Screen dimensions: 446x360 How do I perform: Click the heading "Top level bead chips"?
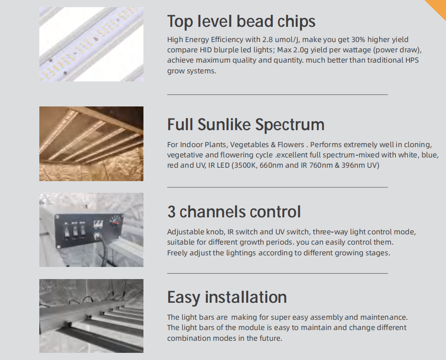pos(241,21)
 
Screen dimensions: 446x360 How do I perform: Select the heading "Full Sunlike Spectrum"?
pos(246,125)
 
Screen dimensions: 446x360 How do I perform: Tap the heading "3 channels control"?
pos(234,212)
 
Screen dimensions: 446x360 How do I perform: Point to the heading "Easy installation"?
pos(227,297)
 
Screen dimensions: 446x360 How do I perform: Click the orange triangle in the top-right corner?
pos(438,6)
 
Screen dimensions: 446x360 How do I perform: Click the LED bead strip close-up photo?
pos(91,44)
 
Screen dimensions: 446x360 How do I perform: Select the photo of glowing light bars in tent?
pos(91,144)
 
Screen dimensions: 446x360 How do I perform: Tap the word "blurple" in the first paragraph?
pos(226,50)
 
